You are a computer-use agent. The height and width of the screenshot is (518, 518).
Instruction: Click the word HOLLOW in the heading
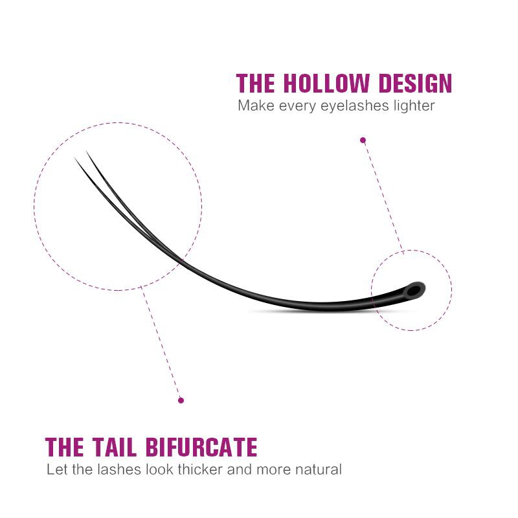[x=326, y=83]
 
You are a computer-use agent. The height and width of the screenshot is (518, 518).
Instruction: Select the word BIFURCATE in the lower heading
[x=201, y=447]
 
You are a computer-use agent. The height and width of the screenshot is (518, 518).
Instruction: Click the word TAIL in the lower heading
[x=115, y=447]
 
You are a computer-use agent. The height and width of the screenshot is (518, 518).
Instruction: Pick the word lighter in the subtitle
[x=414, y=106]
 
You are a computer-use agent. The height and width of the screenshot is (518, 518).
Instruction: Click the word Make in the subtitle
[x=256, y=106]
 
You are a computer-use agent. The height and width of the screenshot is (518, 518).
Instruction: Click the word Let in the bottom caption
[x=58, y=469]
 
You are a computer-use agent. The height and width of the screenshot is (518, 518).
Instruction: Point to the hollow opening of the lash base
[x=414, y=291]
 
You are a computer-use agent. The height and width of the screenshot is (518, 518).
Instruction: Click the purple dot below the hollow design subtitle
[x=363, y=141]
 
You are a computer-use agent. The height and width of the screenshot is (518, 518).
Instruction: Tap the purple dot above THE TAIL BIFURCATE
[x=181, y=400]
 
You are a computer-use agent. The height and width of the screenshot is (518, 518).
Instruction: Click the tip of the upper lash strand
[x=87, y=151]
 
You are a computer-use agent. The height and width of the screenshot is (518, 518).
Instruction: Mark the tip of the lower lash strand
[x=74, y=157]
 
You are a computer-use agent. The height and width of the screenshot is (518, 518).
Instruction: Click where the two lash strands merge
[x=181, y=260]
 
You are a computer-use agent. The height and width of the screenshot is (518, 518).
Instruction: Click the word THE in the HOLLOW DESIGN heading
[x=256, y=83]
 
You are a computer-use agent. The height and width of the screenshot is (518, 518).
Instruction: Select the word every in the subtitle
[x=297, y=107]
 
